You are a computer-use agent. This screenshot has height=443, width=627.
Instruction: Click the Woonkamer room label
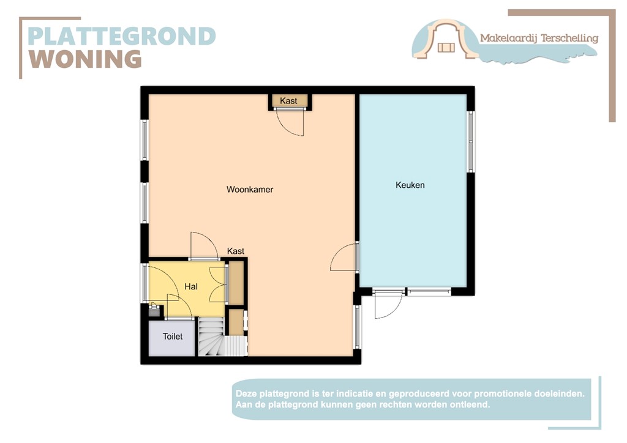[250, 190]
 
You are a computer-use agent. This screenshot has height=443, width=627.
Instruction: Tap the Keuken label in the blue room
[410, 185]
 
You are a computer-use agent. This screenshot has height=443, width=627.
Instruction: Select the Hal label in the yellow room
[191, 286]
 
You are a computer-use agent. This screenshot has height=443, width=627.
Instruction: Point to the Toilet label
[173, 337]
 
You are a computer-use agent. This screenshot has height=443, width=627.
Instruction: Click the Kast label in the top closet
[288, 101]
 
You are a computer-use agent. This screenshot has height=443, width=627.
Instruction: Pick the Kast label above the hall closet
[236, 251]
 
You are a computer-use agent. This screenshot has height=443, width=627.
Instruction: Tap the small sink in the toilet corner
[154, 310]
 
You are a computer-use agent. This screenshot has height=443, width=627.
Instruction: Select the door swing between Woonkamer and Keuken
[345, 258]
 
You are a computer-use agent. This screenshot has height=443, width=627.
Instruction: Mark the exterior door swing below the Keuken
[388, 305]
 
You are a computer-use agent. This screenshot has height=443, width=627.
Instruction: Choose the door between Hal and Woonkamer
[204, 247]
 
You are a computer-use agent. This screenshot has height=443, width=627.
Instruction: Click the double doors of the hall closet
[217, 283]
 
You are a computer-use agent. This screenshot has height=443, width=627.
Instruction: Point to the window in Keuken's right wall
[470, 141]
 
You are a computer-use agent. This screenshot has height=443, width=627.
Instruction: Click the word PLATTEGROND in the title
[122, 36]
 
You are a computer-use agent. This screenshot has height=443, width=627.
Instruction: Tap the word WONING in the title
[86, 59]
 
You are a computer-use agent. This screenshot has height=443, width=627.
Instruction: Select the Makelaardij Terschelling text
[539, 39]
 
